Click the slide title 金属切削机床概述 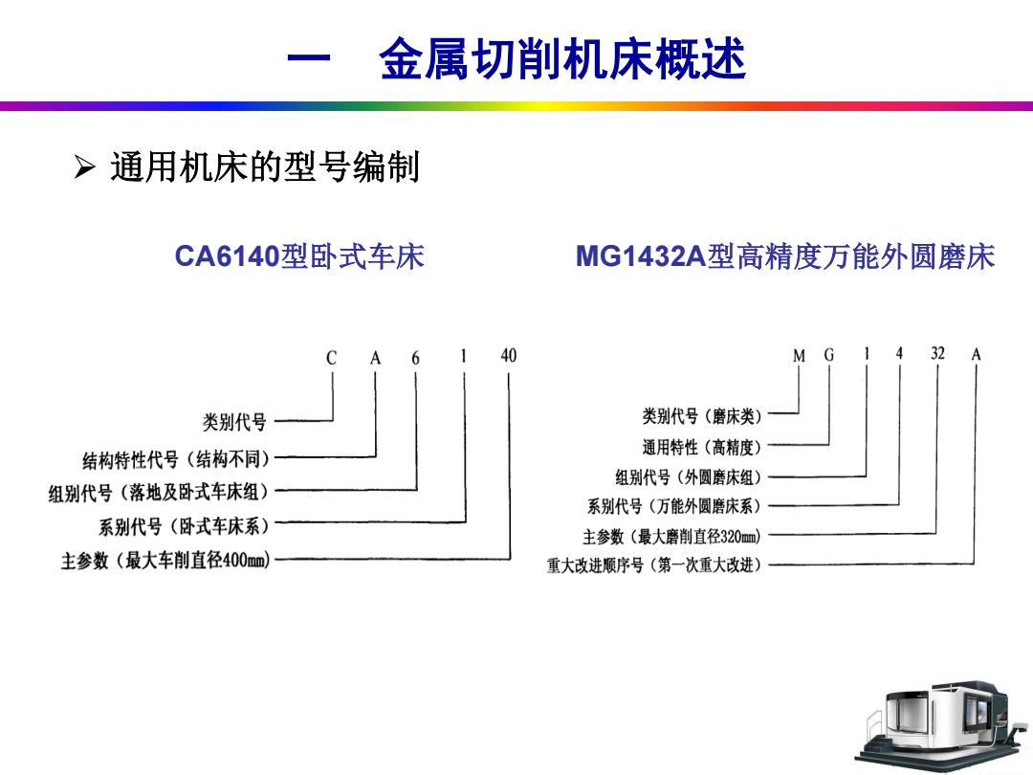coord(562,59)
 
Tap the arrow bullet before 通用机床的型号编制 coord(85,166)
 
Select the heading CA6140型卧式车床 coord(299,256)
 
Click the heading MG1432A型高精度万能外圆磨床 coord(785,256)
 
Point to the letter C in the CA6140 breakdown coord(331,358)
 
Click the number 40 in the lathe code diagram coord(509,356)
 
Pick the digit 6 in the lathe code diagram coord(416,358)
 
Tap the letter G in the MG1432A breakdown coord(828,355)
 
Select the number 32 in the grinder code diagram coord(937,353)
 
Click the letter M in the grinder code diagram coord(799,356)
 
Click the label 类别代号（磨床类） coord(702,416)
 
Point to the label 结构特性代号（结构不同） coord(177,458)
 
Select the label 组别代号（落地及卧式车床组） coord(159,493)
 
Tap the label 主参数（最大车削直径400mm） coord(166,560)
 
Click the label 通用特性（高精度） coord(702,448)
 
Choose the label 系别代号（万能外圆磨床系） coord(674,506)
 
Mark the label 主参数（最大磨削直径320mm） coord(672,537)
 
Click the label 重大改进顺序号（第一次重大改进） coord(654,565)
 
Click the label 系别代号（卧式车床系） coord(185,526)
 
